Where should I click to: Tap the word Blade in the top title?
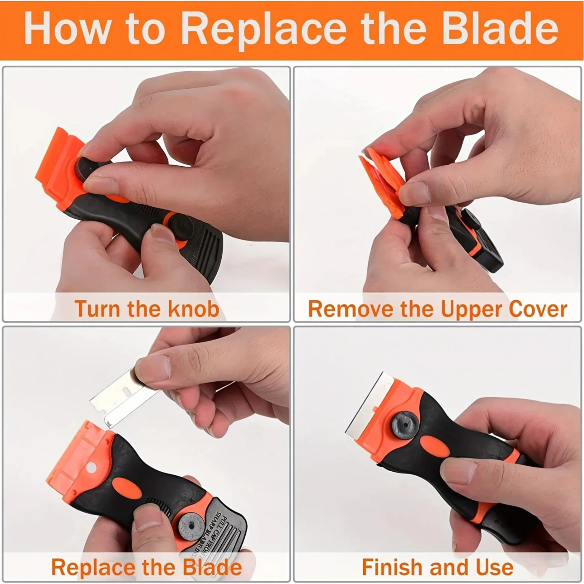[x=500, y=30]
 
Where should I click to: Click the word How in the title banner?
[x=67, y=30]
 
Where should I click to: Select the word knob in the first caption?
[x=194, y=309]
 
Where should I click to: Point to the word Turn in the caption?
[x=97, y=309]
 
